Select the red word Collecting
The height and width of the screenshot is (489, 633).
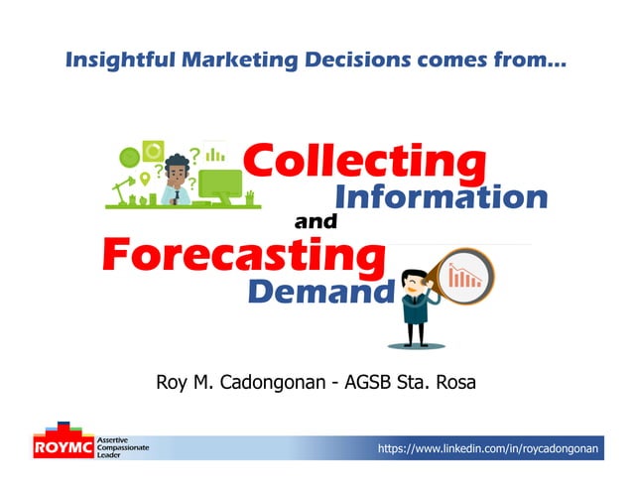click(x=364, y=162)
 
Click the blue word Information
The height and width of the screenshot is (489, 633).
click(x=442, y=196)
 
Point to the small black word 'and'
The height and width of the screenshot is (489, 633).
click(x=316, y=223)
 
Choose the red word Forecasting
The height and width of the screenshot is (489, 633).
click(x=243, y=257)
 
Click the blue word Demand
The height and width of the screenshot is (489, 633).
click(x=320, y=293)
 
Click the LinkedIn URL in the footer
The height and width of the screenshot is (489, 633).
click(x=487, y=450)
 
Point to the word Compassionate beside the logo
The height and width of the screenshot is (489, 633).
click(x=123, y=448)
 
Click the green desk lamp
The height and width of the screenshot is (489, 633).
click(x=123, y=187)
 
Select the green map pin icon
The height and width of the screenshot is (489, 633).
click(x=145, y=179)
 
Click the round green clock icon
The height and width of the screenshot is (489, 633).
click(x=128, y=156)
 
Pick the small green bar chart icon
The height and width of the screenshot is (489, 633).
click(x=214, y=155)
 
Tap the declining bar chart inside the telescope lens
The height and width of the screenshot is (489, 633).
click(x=464, y=276)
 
